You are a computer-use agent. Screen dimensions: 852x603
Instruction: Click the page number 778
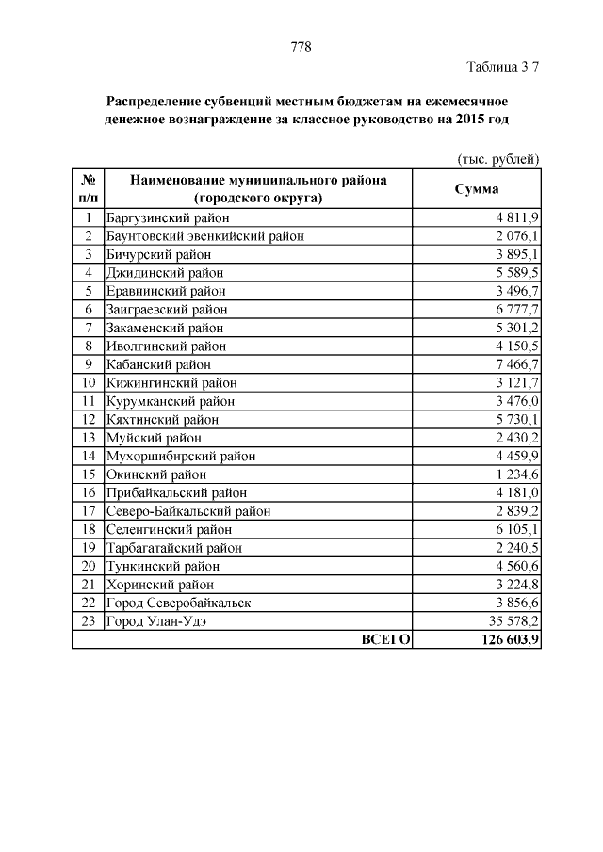tap(301, 47)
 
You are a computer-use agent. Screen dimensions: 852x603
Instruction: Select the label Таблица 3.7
tap(503, 67)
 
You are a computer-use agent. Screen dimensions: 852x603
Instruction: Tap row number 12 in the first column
tap(88, 420)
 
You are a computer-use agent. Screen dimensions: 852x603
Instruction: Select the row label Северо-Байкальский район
tap(188, 511)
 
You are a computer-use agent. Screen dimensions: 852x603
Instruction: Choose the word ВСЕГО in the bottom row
tap(386, 640)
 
